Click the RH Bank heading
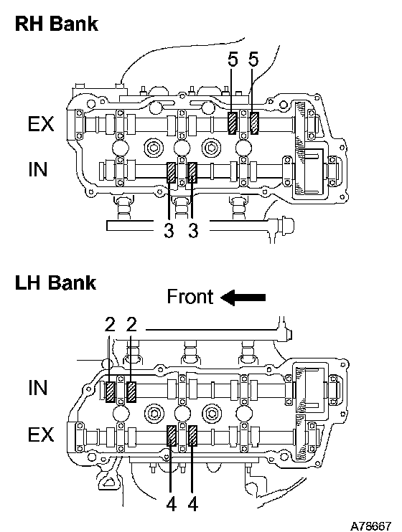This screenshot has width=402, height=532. coord(57,24)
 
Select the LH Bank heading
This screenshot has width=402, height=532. coord(56,282)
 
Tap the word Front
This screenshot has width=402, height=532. coord(190,297)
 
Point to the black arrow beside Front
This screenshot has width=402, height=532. coord(243,298)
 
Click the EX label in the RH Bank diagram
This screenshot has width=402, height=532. coord(41,124)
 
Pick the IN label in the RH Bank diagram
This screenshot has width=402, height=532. coord(37,169)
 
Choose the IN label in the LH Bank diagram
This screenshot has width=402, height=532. coord(37,388)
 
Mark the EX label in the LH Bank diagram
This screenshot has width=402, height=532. coord(41,434)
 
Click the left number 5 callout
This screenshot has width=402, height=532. coord(233,60)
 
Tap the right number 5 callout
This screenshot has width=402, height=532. coord(253,60)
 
